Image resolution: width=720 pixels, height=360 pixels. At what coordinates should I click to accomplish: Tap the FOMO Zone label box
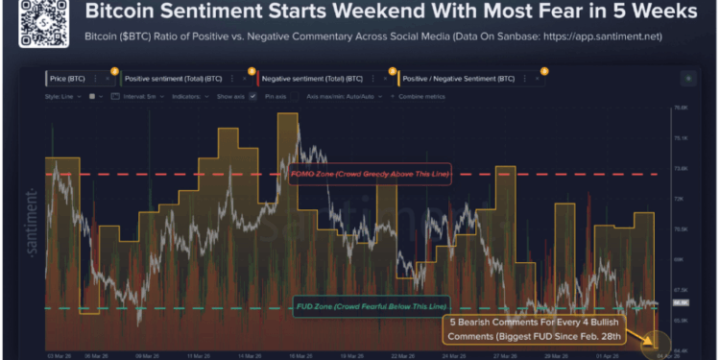pos(369,175)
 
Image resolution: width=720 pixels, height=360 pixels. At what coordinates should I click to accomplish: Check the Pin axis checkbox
pos(253,96)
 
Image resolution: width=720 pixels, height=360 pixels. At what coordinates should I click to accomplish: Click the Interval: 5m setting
pos(138,96)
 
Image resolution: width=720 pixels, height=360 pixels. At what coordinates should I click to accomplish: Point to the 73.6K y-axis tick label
pos(683,168)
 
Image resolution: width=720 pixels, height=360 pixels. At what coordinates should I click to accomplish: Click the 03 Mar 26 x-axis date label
pos(58,354)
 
